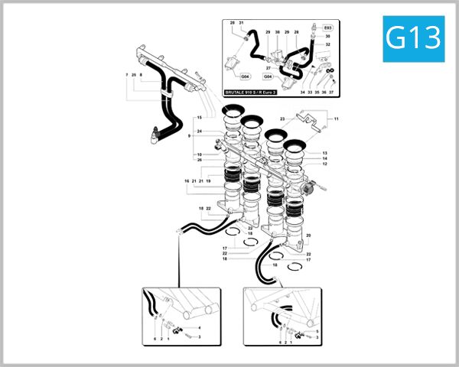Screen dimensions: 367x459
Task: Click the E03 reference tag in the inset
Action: (x=328, y=26)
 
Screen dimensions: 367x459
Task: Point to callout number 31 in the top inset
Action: (x=241, y=24)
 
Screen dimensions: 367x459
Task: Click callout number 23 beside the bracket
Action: (x=282, y=119)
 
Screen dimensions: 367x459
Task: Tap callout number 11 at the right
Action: (x=336, y=119)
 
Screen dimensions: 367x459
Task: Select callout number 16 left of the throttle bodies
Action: (x=187, y=181)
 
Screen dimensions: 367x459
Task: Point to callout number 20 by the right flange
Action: (x=308, y=235)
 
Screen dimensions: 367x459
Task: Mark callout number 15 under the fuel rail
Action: (x=198, y=118)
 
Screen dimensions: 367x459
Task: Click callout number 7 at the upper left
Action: (x=126, y=75)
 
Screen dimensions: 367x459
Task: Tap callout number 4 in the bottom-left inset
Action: (x=200, y=328)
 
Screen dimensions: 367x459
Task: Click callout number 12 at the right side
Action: (x=324, y=164)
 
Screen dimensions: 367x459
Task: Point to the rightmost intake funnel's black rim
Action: (x=297, y=145)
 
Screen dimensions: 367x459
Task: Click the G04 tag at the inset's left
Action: (x=246, y=76)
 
